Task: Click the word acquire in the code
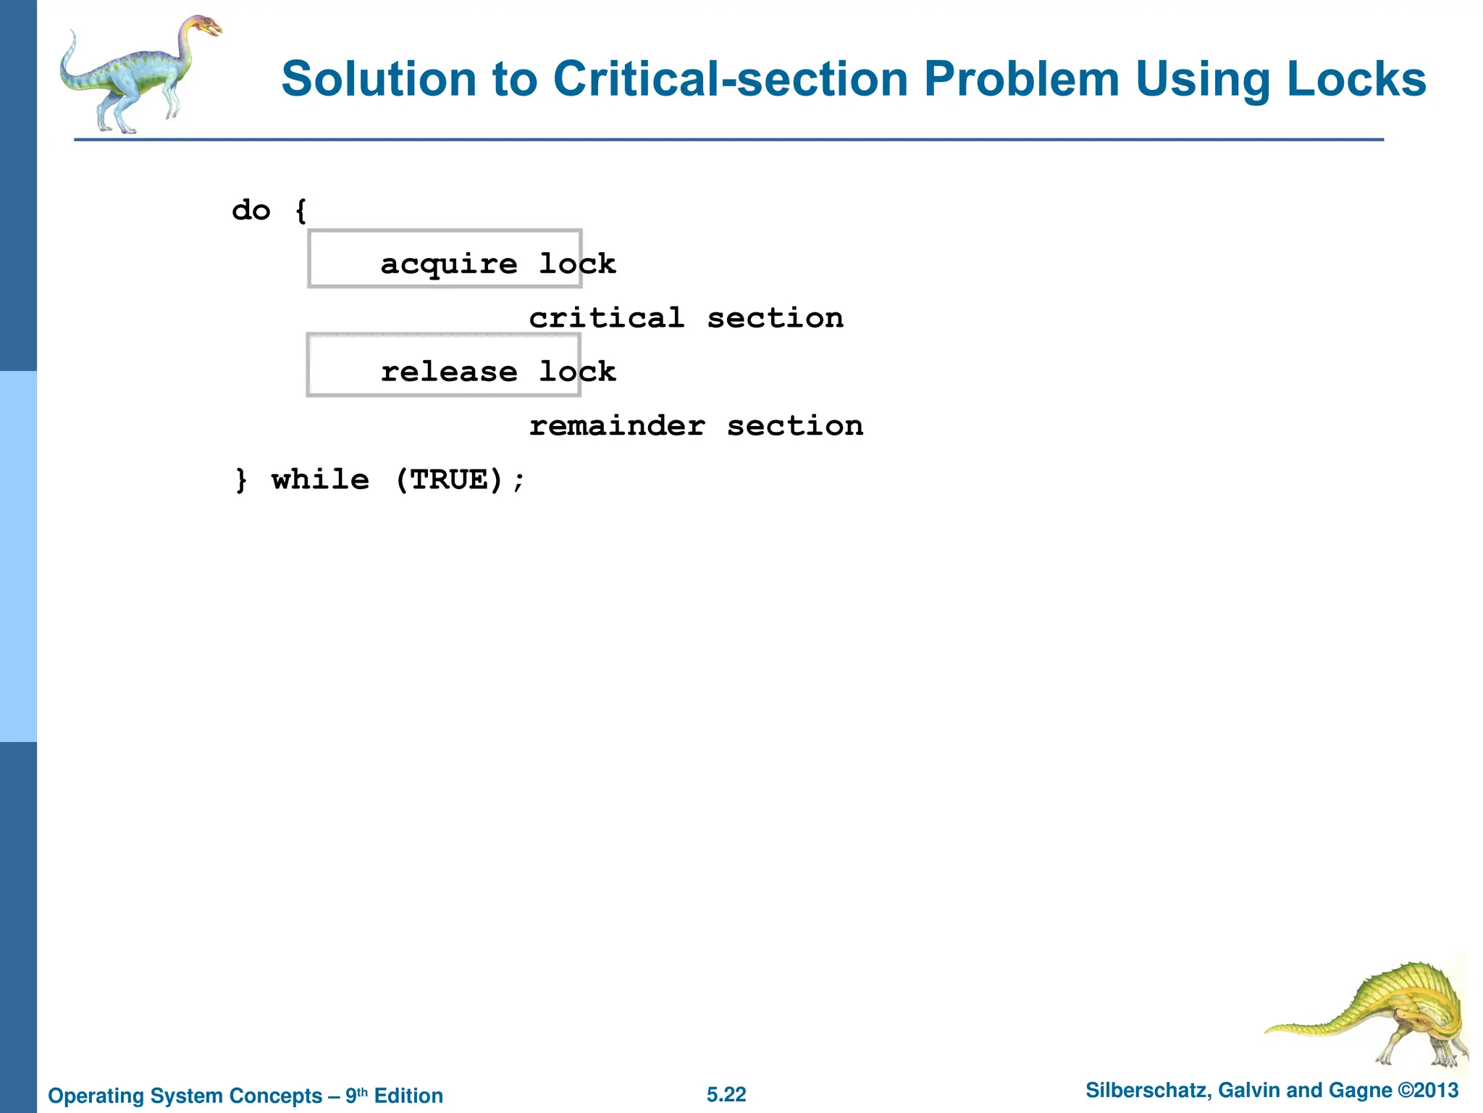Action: coord(449,264)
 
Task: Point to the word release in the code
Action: coord(449,372)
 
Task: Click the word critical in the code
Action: coord(607,318)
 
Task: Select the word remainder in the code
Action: coord(617,426)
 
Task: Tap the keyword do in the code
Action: coord(251,211)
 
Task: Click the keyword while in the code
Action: coord(320,480)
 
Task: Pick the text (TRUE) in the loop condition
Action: coord(449,480)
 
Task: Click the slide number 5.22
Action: coord(726,1094)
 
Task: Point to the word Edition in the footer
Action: coord(408,1096)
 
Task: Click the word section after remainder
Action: coord(795,426)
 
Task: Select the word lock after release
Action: coord(577,372)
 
